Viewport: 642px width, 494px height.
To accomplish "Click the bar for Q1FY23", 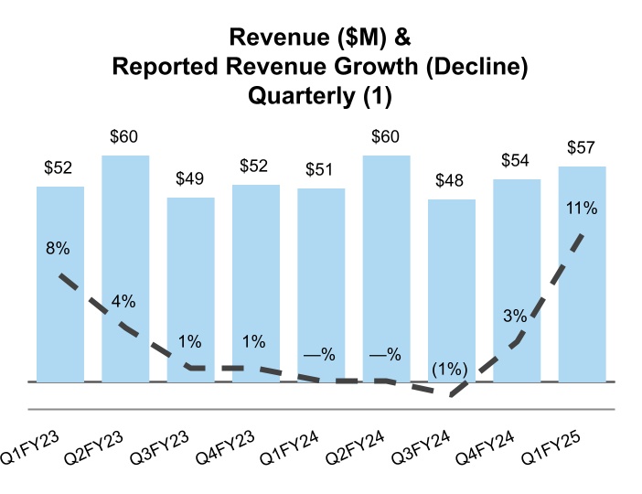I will [60, 284].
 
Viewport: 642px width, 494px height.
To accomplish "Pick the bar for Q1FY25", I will [583, 274].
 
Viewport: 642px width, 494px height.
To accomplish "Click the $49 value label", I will [190, 179].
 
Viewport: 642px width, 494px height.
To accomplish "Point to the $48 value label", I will [452, 181].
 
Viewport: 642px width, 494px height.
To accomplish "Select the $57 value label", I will [583, 148].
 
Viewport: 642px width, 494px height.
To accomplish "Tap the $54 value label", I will [517, 161].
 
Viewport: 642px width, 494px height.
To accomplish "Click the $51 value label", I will [321, 170].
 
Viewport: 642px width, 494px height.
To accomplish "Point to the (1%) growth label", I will [451, 370].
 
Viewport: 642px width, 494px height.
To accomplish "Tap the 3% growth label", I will [515, 317].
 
